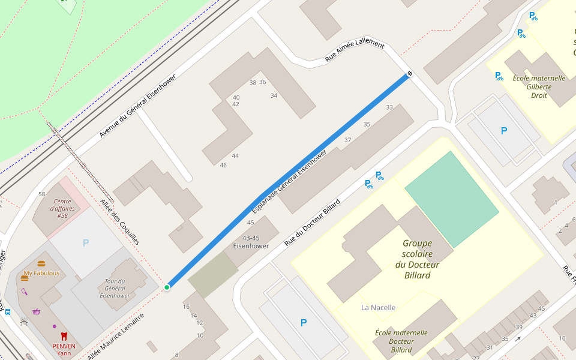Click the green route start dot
pos(167,287)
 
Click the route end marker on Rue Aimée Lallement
pos(410,74)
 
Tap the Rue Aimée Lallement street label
pos(354,50)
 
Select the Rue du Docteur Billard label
pos(312,221)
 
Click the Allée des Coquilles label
pos(120,222)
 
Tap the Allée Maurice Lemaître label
pos(116,337)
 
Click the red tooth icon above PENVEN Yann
pos(64,336)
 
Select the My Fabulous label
pos(41,273)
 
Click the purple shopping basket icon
pos(37,311)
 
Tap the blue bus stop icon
pos(7,312)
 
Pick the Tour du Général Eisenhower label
pos(114,288)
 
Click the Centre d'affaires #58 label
pos(62,208)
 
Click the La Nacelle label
pos(378,308)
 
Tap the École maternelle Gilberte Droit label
pos(539,86)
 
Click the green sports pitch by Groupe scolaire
pos(451,199)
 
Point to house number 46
pos(223,165)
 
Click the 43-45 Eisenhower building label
pos(251,242)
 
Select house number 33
pos(389,107)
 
